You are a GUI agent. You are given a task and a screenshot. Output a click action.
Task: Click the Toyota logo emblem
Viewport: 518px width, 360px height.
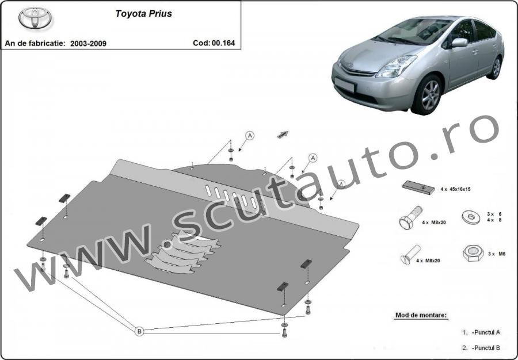pyautogui.click(x=35, y=18)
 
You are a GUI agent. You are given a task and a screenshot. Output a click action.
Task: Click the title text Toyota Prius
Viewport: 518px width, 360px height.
pyautogui.click(x=144, y=14)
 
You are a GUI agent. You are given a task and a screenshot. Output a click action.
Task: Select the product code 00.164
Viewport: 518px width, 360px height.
pyautogui.click(x=223, y=43)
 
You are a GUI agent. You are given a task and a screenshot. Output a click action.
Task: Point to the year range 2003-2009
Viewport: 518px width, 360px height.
pyautogui.click(x=88, y=44)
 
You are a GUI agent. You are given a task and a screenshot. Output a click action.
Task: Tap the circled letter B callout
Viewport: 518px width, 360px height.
pyautogui.click(x=139, y=331)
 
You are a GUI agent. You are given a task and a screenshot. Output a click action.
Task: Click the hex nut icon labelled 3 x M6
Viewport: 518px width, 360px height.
pyautogui.click(x=473, y=253)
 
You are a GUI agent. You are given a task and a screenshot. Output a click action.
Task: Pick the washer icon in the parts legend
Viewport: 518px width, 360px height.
pyautogui.click(x=471, y=217)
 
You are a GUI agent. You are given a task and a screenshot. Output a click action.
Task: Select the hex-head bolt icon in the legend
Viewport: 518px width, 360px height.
pyautogui.click(x=410, y=217)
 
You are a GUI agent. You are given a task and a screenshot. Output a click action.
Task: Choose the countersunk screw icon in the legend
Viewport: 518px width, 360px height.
pyautogui.click(x=410, y=254)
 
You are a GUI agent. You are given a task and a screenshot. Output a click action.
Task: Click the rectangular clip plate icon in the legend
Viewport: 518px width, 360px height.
pyautogui.click(x=418, y=187)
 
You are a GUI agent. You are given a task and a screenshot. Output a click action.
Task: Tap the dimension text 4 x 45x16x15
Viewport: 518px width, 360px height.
pyautogui.click(x=455, y=189)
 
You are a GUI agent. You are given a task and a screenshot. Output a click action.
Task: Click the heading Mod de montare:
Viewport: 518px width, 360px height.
pyautogui.click(x=421, y=315)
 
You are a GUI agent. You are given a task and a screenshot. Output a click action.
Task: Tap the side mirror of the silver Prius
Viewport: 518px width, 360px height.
pyautogui.click(x=459, y=42)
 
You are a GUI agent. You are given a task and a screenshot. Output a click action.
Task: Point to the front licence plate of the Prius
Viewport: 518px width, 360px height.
pyautogui.click(x=345, y=85)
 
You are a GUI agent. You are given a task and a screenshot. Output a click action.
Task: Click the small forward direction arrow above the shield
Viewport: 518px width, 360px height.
pyautogui.click(x=283, y=134)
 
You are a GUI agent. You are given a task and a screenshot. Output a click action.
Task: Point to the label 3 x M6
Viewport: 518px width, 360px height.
pyautogui.click(x=497, y=254)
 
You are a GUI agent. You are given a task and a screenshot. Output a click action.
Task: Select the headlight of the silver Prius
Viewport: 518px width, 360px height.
pyautogui.click(x=396, y=66)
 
